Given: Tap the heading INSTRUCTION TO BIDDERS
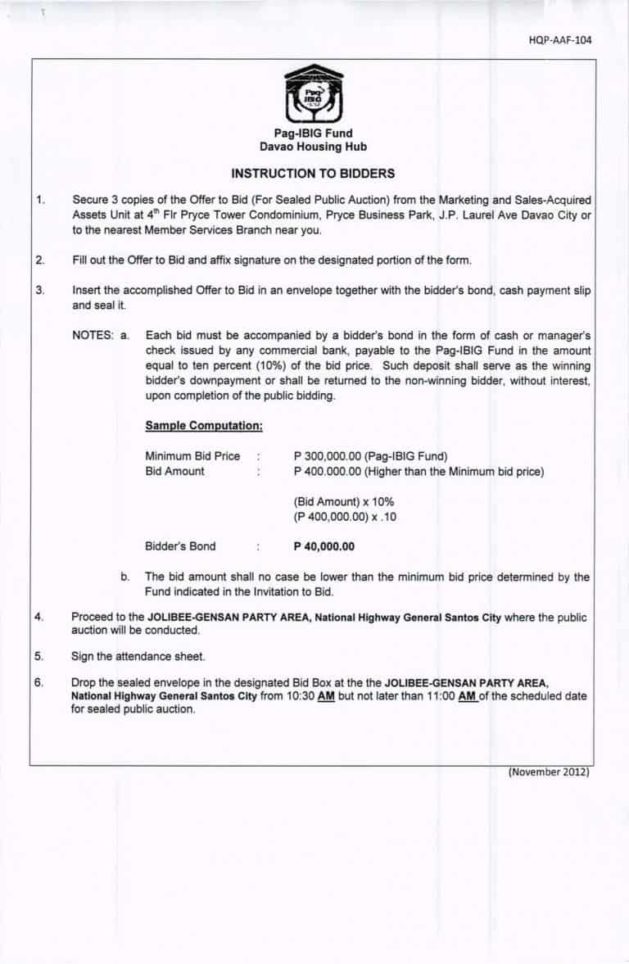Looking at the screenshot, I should click(x=313, y=174).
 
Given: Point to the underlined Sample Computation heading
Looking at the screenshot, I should click(x=203, y=426).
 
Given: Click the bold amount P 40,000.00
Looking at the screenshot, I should click(x=324, y=546).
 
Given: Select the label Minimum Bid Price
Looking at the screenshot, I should click(x=192, y=456).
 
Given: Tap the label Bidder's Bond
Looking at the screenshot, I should click(x=180, y=546).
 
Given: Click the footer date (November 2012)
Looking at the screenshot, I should click(x=549, y=772).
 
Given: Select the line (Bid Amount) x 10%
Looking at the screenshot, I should click(x=333, y=501).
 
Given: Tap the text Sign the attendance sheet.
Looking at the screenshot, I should click(x=138, y=656).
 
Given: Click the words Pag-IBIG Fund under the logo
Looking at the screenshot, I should click(x=313, y=134).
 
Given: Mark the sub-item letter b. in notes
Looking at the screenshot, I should click(x=125, y=577).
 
